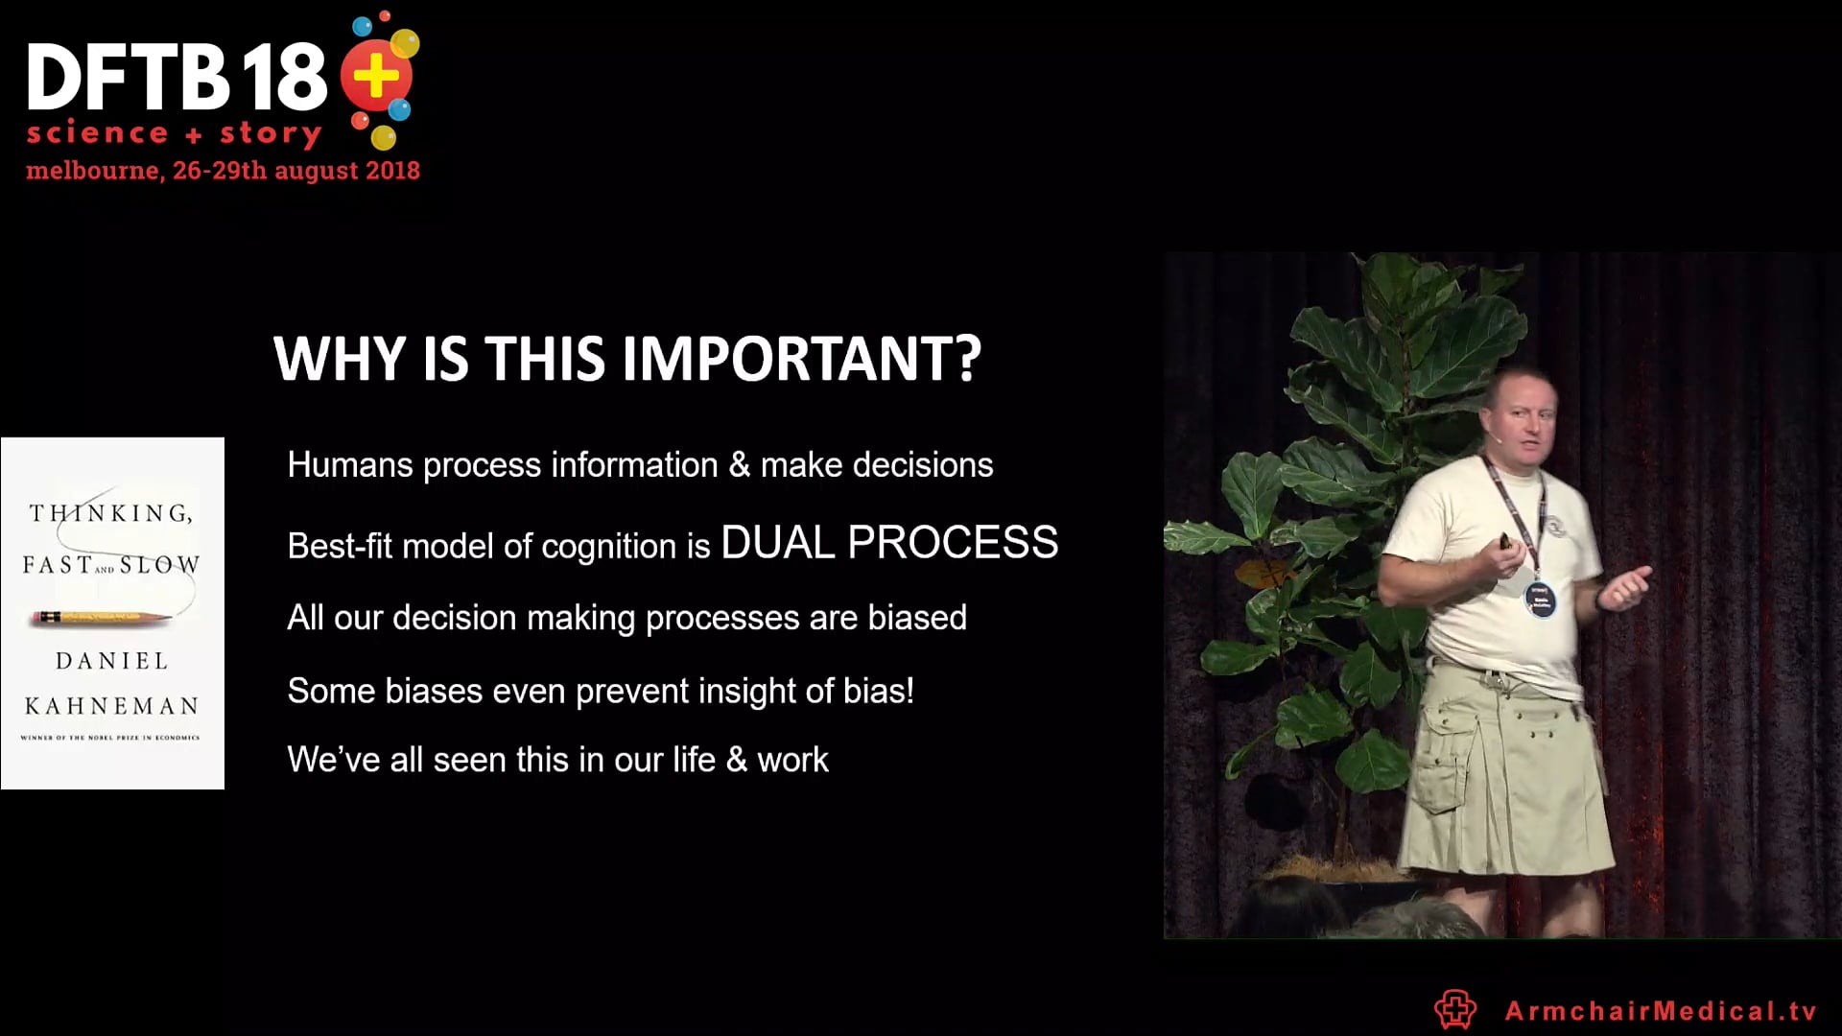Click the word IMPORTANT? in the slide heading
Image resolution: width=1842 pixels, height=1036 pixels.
click(801, 359)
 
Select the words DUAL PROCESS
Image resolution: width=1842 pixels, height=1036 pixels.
click(889, 543)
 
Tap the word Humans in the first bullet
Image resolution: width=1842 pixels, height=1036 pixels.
click(350, 465)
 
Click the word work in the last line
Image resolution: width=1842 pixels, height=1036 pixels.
click(792, 760)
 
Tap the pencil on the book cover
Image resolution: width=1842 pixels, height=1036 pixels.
click(101, 617)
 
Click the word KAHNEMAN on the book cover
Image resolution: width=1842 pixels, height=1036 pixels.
click(112, 706)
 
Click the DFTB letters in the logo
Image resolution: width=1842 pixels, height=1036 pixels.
click(127, 77)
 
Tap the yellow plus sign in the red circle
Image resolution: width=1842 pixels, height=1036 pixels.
click(375, 76)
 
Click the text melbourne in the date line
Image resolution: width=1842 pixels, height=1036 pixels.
click(92, 171)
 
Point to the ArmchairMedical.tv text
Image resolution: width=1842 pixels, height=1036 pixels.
click(1661, 1010)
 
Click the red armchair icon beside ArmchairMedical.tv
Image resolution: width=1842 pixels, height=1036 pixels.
click(1454, 1009)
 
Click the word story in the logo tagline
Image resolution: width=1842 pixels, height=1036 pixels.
click(271, 133)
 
